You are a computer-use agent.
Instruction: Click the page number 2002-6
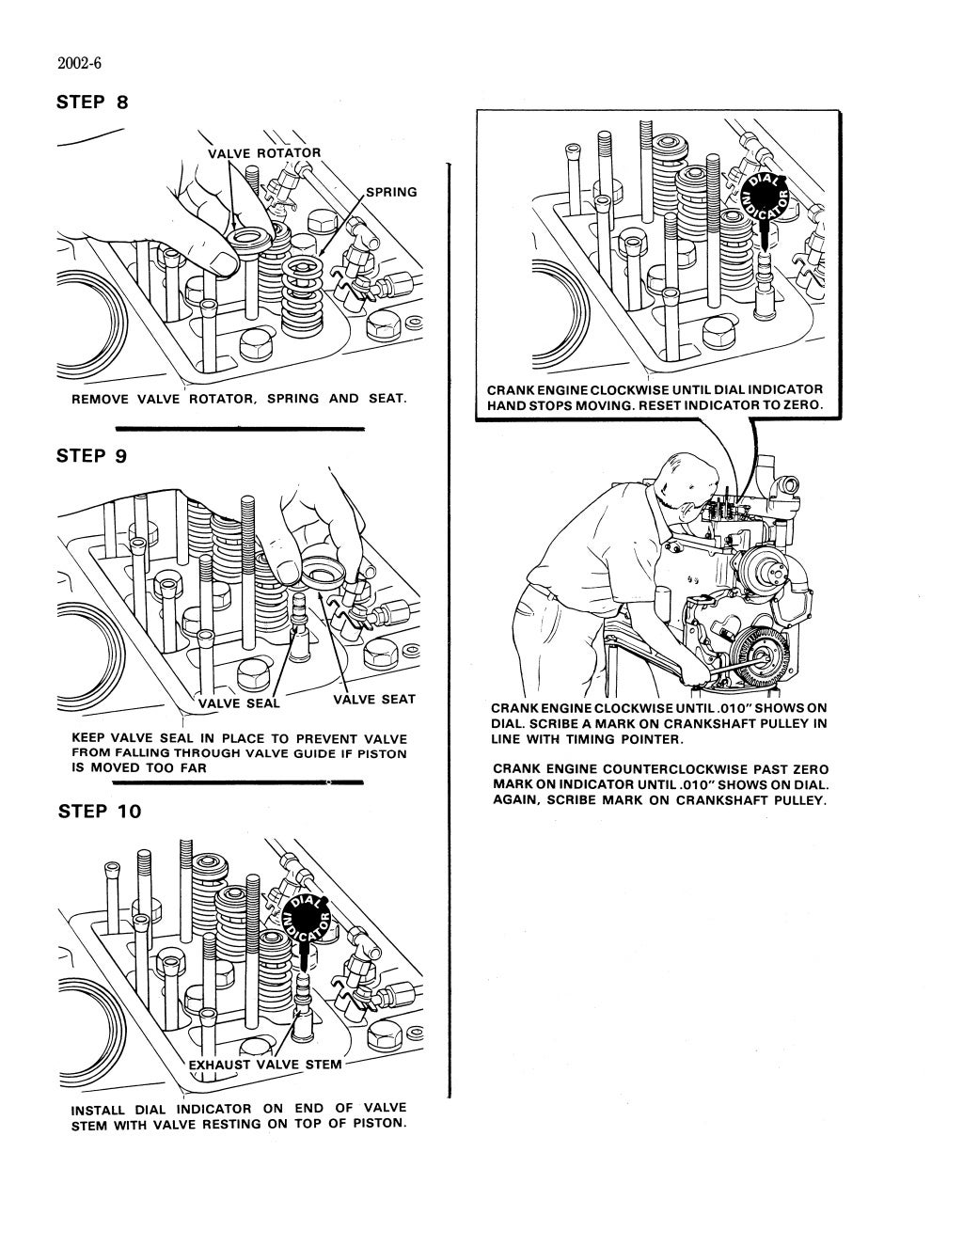[79, 64]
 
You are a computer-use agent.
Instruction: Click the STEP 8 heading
[93, 102]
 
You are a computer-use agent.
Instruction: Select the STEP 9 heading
[93, 456]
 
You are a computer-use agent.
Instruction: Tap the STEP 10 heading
[100, 812]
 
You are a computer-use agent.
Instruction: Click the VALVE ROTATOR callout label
[263, 153]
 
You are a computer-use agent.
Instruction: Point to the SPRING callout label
[390, 192]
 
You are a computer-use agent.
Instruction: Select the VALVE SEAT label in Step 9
[373, 699]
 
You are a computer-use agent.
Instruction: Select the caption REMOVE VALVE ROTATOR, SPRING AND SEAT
[239, 399]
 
